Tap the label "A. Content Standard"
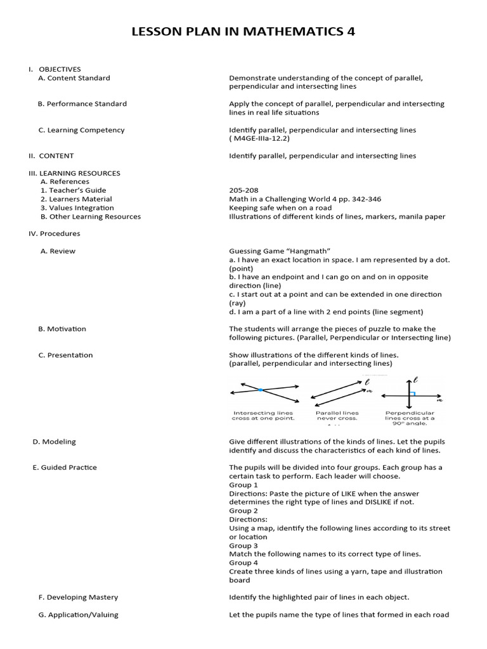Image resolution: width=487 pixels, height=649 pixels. tap(74, 78)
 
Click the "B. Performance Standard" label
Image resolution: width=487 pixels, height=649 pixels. tap(82, 104)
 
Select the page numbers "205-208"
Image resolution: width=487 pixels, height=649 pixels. tap(243, 190)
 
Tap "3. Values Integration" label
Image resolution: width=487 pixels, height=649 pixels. tap(77, 208)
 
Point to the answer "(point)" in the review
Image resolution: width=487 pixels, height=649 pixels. tap(241, 269)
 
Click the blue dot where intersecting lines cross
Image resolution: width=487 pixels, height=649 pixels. tap(260, 390)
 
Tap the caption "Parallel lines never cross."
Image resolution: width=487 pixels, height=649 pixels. tap(337, 416)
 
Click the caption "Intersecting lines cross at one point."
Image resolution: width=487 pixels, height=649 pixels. tap(263, 416)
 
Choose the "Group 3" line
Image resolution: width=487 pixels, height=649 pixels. tap(243, 546)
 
